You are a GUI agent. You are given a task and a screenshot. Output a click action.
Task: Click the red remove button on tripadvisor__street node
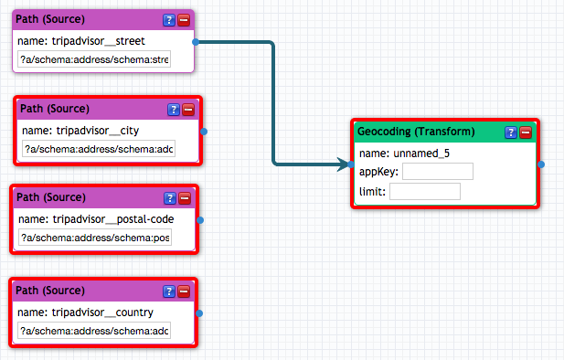coord(184,20)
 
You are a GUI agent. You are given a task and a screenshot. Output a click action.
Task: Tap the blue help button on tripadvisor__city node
coord(174,110)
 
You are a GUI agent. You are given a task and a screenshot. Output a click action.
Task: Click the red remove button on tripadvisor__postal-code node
coord(185,198)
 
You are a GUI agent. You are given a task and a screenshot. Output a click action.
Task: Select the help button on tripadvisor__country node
coord(169,291)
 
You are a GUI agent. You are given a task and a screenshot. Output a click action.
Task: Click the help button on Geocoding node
coord(511,132)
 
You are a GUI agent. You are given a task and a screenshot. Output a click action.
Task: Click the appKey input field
coord(438,171)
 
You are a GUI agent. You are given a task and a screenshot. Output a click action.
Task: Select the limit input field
coord(425,191)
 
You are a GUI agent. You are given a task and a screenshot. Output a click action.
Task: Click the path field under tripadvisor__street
coord(94,59)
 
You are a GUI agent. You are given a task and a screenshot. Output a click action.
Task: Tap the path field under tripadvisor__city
coord(99,149)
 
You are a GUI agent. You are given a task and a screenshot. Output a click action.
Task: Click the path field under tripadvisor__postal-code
coord(95,238)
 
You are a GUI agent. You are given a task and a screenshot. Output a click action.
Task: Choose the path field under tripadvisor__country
coord(94,331)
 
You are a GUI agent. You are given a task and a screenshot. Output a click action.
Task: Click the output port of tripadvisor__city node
coord(204,132)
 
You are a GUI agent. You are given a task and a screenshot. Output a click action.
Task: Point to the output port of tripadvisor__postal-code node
coord(200,220)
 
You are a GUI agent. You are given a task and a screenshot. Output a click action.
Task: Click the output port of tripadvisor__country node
coord(199,313)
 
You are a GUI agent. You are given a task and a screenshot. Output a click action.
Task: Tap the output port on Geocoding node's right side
coord(541,164)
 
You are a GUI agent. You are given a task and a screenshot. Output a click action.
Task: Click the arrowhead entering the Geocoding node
coord(343,164)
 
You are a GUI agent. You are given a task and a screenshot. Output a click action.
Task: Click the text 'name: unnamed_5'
coord(404,154)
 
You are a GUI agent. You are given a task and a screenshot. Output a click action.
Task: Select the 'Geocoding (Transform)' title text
coord(416,132)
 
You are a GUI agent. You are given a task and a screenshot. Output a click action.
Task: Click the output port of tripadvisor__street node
coord(196,42)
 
